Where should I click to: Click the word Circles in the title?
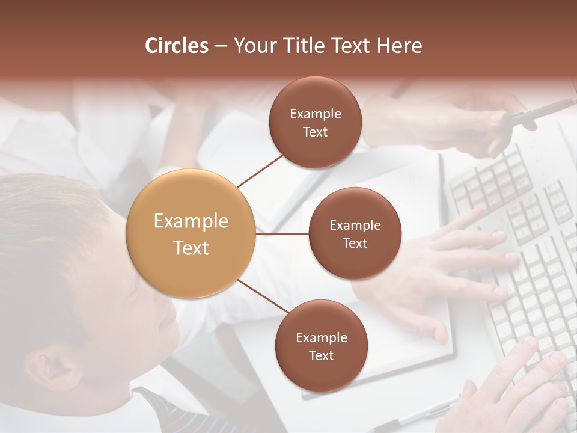point(177,46)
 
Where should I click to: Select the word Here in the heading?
point(399,46)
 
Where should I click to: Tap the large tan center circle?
point(191,233)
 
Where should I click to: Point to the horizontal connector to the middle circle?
point(282,233)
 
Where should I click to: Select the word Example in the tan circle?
point(191,221)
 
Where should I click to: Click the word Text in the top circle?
point(315,132)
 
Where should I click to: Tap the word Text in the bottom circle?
point(321,355)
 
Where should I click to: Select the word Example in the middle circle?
point(355,226)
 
